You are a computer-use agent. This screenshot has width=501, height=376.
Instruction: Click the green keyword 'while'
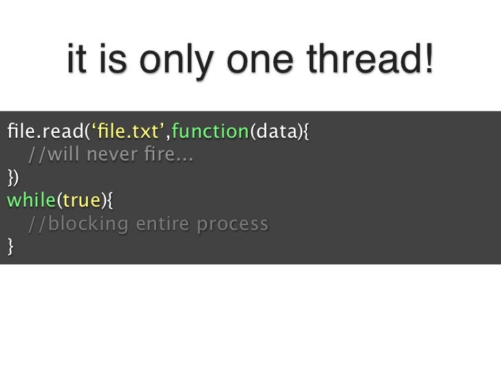click(x=30, y=200)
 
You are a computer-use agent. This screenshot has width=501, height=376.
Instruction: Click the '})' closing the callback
click(x=12, y=177)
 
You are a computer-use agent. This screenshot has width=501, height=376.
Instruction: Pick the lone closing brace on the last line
click(x=10, y=247)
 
